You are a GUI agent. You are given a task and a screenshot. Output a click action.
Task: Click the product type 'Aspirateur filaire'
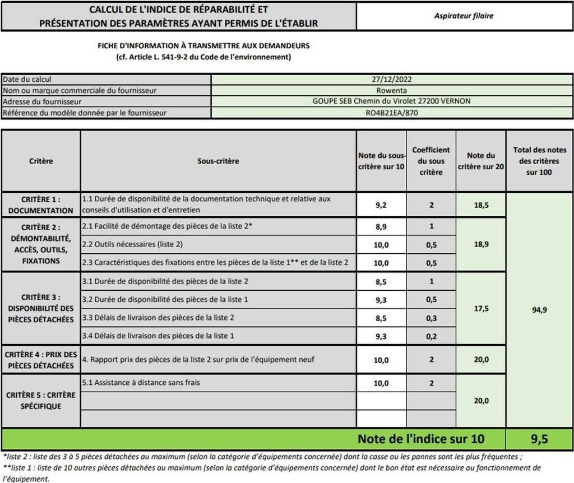pos(464,16)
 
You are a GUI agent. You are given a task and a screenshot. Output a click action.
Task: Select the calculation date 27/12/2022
pos(392,80)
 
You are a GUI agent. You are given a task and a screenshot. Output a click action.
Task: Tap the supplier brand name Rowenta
pos(392,91)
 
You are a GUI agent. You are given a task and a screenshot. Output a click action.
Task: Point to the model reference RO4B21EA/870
pos(392,113)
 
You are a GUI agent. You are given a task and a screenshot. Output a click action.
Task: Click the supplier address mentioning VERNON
pos(392,101)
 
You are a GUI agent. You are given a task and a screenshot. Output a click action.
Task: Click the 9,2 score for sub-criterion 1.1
pos(382,205)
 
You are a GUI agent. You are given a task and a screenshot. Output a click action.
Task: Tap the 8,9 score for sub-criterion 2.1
pos(382,226)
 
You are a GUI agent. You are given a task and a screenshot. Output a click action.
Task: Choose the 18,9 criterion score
pos(481,244)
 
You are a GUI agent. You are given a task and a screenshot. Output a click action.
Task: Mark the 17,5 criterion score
pos(481,308)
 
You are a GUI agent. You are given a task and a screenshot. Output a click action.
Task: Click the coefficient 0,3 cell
pos(431,318)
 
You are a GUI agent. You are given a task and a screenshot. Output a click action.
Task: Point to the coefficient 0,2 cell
pos(431,336)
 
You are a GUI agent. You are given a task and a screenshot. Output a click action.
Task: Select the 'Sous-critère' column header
pos(218,161)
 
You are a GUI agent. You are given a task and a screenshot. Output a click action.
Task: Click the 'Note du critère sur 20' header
pos(481,161)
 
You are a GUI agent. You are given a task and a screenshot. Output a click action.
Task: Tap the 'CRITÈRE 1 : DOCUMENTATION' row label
pos(41,205)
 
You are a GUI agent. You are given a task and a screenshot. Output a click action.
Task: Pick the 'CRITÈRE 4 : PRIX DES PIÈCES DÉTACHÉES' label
pos(41,360)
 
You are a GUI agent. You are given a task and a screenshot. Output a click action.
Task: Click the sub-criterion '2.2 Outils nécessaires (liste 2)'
pos(132,244)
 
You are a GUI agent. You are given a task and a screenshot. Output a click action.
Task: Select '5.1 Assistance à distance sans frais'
pos(141,383)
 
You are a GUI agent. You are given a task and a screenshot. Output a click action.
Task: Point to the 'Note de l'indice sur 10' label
pos(421,439)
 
